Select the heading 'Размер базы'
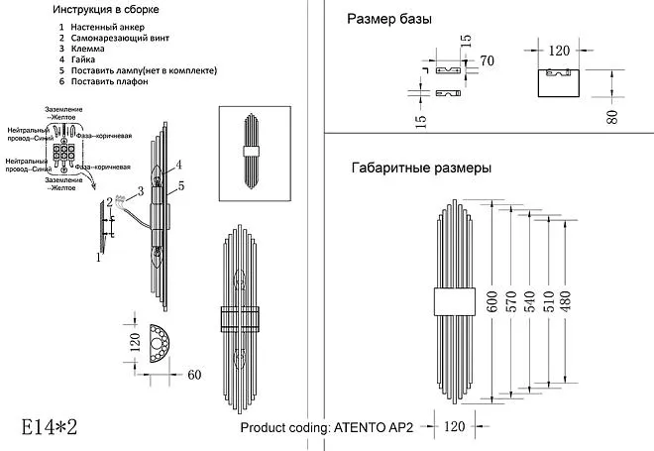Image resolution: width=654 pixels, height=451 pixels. coord(388,19)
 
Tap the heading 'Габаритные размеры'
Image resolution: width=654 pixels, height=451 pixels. coord(421,169)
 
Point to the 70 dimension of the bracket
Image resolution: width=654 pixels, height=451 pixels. coord(487,61)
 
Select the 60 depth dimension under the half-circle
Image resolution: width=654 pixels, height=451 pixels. coord(193,375)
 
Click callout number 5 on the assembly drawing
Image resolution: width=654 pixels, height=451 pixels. coord(182,185)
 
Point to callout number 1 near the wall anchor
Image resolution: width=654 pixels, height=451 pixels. coord(98,259)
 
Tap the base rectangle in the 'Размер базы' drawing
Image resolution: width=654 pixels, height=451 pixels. coord(561,82)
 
